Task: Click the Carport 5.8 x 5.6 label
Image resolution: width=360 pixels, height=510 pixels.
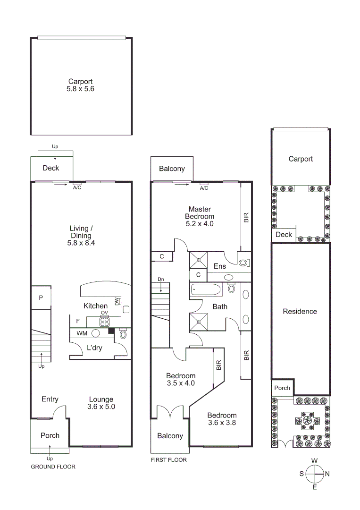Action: point(80,85)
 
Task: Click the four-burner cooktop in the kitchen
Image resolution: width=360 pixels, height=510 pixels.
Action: point(104,322)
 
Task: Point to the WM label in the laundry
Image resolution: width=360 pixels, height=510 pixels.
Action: point(82,333)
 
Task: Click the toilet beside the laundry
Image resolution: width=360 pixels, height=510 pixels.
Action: point(123,334)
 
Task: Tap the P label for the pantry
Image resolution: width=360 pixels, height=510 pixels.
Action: point(41,298)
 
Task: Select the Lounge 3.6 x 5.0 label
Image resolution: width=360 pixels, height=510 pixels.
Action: point(101,403)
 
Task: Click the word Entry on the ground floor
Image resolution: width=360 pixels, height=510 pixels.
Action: point(50,399)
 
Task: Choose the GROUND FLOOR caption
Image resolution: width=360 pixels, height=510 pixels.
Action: point(53,467)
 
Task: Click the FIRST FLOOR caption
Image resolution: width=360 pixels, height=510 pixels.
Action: point(168,460)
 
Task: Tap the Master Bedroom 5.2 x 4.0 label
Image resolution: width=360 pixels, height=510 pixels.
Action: point(200,216)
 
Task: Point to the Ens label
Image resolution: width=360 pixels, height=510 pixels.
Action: point(220,266)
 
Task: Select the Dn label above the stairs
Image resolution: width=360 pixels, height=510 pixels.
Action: point(161,279)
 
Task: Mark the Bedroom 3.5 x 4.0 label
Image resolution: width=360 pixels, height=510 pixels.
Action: point(180,380)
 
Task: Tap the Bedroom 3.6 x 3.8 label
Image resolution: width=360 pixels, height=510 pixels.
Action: point(222,419)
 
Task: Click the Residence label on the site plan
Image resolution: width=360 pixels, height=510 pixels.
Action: point(300,312)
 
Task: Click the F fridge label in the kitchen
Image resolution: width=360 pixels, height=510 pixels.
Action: point(77,321)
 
